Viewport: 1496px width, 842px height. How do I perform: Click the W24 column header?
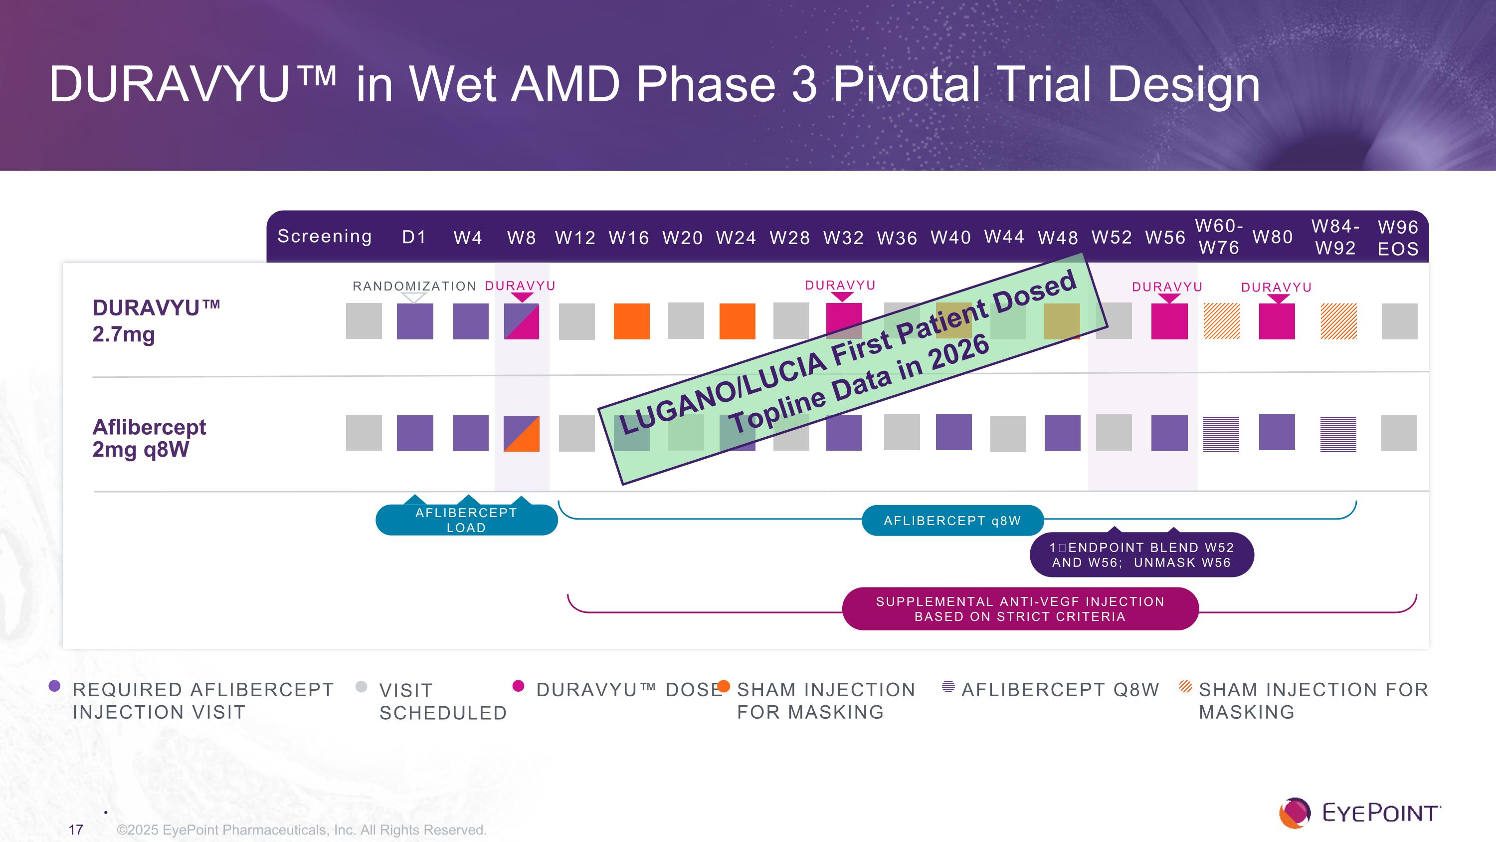[x=736, y=238]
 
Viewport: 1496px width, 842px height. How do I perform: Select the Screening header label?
[x=325, y=237]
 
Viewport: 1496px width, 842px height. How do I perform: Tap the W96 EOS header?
[x=1398, y=238]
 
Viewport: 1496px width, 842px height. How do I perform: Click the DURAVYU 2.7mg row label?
[x=156, y=321]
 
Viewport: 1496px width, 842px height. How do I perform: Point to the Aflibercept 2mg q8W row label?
[x=149, y=438]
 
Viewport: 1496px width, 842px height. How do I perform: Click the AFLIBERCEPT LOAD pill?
[x=466, y=520]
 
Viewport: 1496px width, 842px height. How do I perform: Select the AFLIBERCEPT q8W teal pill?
[x=952, y=521]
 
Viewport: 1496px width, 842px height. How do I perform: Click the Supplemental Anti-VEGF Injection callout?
[x=1020, y=609]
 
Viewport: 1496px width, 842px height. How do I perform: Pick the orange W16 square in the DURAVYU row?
[x=631, y=321]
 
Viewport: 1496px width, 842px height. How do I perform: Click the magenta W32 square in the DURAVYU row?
[x=844, y=321]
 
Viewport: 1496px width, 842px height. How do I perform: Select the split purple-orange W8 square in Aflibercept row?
[x=522, y=434]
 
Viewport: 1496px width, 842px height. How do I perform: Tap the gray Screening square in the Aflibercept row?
[x=364, y=433]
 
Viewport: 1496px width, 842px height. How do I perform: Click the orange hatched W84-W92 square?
[x=1338, y=321]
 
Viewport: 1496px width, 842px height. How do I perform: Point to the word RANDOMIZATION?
[x=414, y=286]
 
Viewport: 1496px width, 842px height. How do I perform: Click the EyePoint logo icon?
[x=1295, y=813]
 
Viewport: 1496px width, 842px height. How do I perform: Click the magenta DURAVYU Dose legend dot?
[x=519, y=687]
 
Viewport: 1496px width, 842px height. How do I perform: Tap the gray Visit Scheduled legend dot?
[x=361, y=687]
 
